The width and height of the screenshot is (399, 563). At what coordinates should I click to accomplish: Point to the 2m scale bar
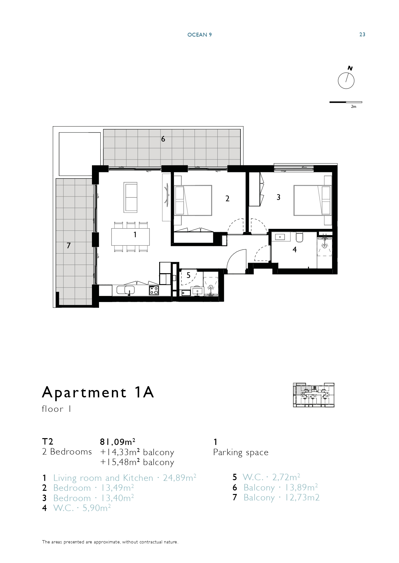[x=346, y=102]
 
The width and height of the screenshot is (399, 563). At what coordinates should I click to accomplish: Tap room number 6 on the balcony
[x=163, y=139]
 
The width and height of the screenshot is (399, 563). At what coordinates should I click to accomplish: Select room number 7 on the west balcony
[x=68, y=246]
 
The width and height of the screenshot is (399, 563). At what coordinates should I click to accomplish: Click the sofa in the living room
[x=131, y=197]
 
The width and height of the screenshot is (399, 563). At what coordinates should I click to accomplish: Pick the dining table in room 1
[x=131, y=237]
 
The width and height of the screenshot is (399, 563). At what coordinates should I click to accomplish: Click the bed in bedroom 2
[x=193, y=200]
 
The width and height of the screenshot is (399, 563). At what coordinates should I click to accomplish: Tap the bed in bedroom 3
[x=313, y=200]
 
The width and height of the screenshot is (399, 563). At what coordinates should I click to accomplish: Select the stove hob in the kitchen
[x=154, y=290]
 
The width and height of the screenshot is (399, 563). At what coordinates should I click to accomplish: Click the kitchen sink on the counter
[x=126, y=290]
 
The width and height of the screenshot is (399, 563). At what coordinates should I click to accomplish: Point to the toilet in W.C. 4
[x=300, y=237]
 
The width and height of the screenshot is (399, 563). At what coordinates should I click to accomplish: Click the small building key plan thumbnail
[x=314, y=395]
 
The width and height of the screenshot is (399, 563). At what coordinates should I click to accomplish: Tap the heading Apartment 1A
[x=98, y=392]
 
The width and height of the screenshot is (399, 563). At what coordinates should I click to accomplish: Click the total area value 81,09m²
[x=117, y=442]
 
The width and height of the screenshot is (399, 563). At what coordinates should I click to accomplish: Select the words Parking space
[x=241, y=453]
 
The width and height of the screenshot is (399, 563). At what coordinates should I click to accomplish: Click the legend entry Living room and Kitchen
[x=103, y=478]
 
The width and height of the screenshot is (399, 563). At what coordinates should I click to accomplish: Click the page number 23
[x=362, y=35]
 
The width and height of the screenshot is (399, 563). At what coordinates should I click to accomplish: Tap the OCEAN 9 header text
[x=200, y=35]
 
